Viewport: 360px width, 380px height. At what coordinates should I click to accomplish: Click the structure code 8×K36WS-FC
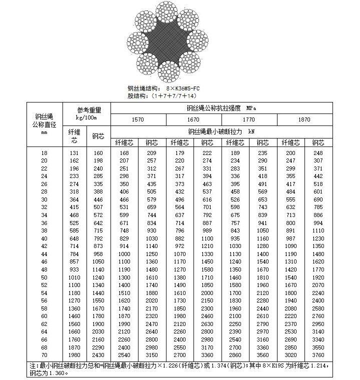coord(175,88)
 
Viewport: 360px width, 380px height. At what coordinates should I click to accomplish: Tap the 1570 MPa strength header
coord(137,120)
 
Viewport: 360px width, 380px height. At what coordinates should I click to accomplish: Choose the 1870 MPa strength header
coord(304,120)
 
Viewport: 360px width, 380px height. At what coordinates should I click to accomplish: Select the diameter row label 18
coord(44,153)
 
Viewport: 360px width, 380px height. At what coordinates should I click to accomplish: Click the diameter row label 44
coord(44,254)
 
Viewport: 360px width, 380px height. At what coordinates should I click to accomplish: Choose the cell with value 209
coord(151,153)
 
